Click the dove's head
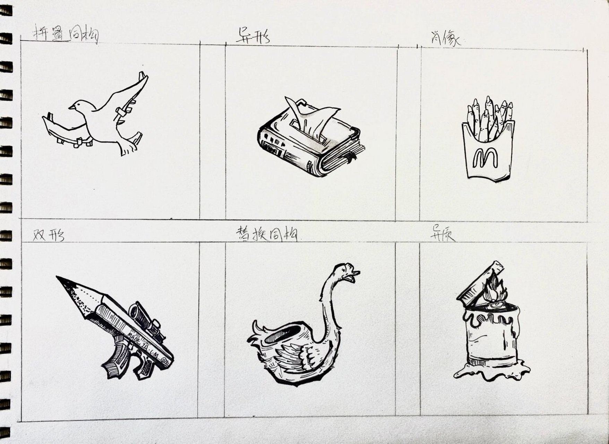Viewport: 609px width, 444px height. coord(78,105)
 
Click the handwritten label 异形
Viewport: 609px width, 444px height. coord(253,36)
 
